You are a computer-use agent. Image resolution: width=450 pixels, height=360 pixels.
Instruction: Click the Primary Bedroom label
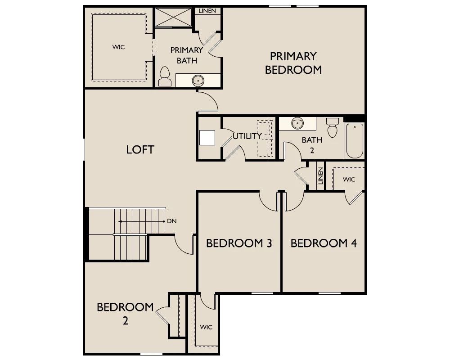pyautogui.click(x=293, y=63)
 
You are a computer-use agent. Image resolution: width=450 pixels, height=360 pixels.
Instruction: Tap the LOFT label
pyautogui.click(x=140, y=149)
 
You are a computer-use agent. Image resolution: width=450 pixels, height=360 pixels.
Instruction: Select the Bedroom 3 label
pyautogui.click(x=239, y=243)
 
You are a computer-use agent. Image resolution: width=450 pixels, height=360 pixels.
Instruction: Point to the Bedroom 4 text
pyautogui.click(x=324, y=243)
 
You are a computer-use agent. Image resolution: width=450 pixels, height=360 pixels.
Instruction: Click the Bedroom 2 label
pyautogui.click(x=125, y=313)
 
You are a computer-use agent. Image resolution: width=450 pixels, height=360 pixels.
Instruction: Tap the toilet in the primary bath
pyautogui.click(x=165, y=76)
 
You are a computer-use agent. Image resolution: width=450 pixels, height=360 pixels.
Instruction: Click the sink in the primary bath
pyautogui.click(x=198, y=81)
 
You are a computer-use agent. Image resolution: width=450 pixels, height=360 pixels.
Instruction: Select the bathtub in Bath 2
pyautogui.click(x=355, y=141)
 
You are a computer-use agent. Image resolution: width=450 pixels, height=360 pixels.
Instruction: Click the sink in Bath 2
pyautogui.click(x=297, y=123)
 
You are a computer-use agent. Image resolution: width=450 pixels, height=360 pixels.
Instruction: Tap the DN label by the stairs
pyautogui.click(x=171, y=221)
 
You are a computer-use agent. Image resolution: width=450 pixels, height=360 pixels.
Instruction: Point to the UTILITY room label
pyautogui.click(x=247, y=136)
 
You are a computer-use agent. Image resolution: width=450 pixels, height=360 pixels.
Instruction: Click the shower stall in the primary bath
pyautogui.click(x=173, y=17)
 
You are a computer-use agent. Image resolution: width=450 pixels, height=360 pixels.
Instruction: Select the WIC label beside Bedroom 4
pyautogui.click(x=349, y=180)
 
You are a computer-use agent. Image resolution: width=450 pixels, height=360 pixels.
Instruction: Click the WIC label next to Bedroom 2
pyautogui.click(x=206, y=327)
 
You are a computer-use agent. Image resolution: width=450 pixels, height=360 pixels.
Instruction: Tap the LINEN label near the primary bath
pyautogui.click(x=207, y=11)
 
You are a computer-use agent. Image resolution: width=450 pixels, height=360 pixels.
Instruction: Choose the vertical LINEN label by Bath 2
pyautogui.click(x=320, y=175)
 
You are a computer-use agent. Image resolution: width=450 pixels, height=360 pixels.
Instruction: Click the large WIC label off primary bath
pyautogui.click(x=118, y=47)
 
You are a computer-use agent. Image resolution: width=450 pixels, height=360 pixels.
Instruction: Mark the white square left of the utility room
pyautogui.click(x=207, y=138)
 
